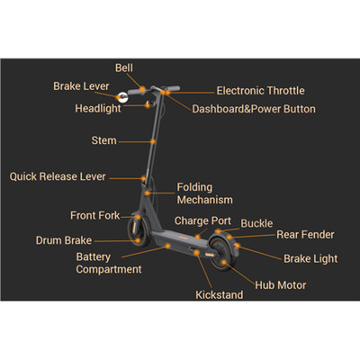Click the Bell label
click(124, 67)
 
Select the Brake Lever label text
click(81, 86)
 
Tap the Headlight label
click(98, 109)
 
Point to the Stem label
click(103, 140)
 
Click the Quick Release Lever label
click(58, 176)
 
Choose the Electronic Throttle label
click(260, 91)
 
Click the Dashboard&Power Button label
click(254, 109)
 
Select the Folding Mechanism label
click(204, 193)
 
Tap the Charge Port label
click(202, 221)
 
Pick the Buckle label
click(256, 223)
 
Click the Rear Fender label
click(305, 235)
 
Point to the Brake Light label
click(310, 258)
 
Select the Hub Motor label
click(281, 285)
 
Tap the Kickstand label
click(220, 295)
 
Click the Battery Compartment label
click(109, 263)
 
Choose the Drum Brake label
click(64, 240)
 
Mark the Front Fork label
click(94, 215)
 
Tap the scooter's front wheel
click(139, 231)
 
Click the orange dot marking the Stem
click(153, 141)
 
